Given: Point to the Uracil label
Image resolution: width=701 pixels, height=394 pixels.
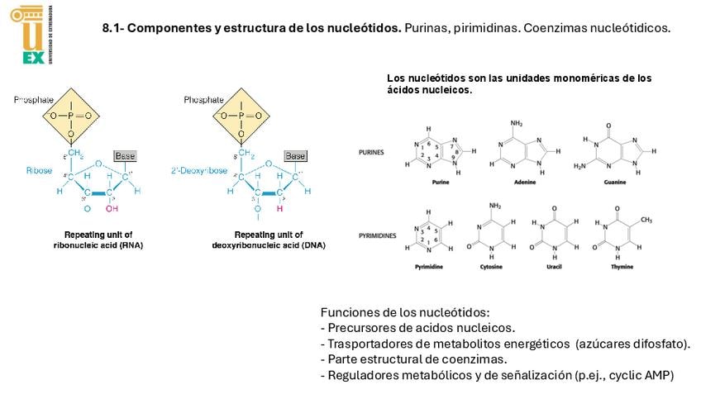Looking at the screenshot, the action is (553, 267).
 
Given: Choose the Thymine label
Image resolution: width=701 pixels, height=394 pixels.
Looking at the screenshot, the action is (622, 267).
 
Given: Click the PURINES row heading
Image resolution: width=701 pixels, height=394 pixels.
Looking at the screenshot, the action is (371, 152).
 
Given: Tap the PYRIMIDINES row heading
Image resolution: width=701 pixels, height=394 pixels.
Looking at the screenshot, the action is (377, 235).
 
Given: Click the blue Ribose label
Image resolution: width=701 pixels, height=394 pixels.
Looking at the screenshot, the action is (39, 171).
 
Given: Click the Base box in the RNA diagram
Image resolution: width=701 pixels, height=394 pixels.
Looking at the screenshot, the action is (125, 156).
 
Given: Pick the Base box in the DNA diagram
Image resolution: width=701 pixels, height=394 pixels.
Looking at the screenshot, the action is (295, 156).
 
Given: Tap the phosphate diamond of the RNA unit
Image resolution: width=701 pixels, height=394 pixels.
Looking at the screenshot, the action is (72, 116).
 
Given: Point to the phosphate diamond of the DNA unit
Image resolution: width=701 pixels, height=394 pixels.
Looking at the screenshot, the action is (241, 116).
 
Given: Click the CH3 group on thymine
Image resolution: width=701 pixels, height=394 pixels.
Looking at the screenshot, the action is (646, 220).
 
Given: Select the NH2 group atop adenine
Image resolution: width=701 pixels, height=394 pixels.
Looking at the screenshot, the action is (517, 123).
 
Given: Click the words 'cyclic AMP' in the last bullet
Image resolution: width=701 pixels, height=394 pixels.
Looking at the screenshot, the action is (643, 375).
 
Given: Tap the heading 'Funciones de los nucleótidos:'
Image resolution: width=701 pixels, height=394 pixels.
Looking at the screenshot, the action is (404, 312).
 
